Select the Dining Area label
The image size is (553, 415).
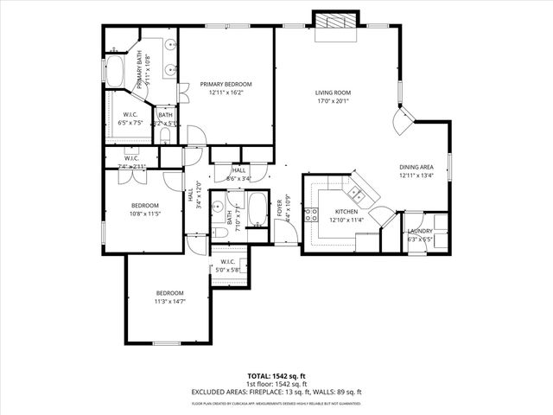click(416, 167)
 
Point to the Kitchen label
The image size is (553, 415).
click(346, 212)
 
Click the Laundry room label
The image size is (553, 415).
click(421, 232)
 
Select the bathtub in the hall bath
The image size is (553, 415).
click(257, 208)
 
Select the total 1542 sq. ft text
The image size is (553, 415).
click(276, 375)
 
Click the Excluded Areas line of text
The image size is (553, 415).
click(276, 392)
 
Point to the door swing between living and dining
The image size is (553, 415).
click(404, 120)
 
